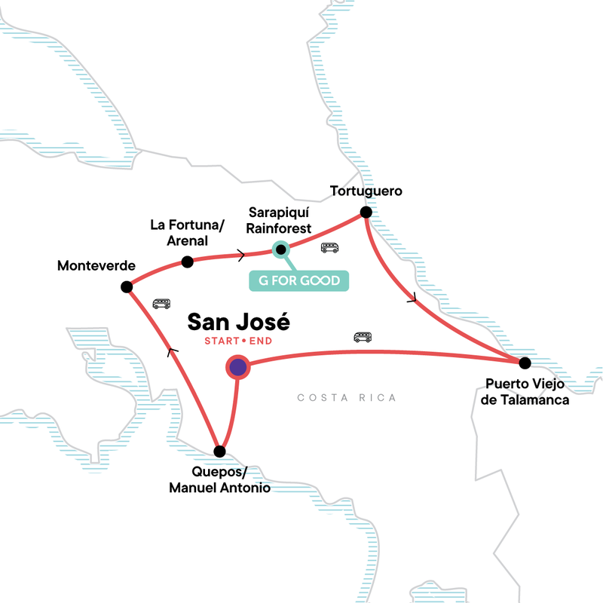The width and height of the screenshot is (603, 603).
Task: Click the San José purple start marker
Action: tap(238, 367)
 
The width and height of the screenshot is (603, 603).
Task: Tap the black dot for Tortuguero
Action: tap(366, 213)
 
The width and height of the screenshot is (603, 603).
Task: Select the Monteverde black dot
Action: tap(127, 286)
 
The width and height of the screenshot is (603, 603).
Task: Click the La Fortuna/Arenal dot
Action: tap(188, 262)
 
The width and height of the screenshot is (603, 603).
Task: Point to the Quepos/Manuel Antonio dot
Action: tap(219, 451)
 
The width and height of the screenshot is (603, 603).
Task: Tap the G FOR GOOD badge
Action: tap(299, 280)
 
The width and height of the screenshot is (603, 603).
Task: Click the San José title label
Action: tap(238, 323)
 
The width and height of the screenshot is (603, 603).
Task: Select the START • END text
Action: tap(237, 341)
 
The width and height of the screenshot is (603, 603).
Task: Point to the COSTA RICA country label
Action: tap(347, 398)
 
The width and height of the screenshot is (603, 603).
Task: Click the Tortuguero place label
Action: tap(366, 191)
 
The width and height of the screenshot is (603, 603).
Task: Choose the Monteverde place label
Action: tap(96, 266)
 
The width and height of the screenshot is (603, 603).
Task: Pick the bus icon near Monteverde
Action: tap(161, 304)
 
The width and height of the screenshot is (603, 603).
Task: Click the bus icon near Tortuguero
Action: tap(329, 247)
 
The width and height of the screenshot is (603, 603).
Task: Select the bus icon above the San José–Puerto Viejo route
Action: tap(363, 337)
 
